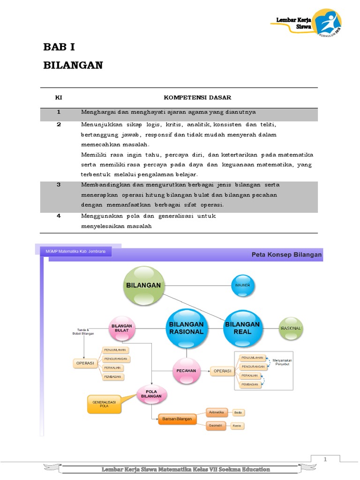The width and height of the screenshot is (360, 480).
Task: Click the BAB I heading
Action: (x=59, y=47)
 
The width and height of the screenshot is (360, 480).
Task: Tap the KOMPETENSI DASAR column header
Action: (x=197, y=97)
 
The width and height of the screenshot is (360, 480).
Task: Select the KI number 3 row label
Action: (x=59, y=185)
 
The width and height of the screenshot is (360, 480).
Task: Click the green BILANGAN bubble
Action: (x=143, y=285)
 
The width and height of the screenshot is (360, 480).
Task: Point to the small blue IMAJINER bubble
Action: (x=242, y=285)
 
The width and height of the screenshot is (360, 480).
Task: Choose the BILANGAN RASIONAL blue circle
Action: (x=186, y=328)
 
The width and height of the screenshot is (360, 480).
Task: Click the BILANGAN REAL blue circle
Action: (x=242, y=328)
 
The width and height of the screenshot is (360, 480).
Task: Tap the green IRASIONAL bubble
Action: (x=291, y=328)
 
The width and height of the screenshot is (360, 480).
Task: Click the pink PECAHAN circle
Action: (x=186, y=370)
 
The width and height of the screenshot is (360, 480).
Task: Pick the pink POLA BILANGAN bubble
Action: (x=151, y=393)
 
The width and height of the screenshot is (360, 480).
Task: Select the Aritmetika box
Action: (x=216, y=412)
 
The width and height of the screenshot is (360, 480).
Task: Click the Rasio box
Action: (x=237, y=426)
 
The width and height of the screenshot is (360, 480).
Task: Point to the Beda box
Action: (x=238, y=412)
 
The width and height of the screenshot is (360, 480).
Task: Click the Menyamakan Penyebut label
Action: (x=281, y=362)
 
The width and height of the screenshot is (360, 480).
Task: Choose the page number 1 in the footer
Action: (x=324, y=459)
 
